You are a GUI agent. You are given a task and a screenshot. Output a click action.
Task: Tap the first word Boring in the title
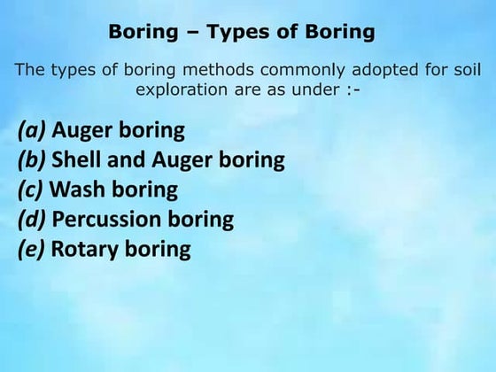[x=143, y=33]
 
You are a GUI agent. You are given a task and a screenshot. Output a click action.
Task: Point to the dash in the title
[x=189, y=33]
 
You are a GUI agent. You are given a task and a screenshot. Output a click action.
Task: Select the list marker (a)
[x=33, y=131]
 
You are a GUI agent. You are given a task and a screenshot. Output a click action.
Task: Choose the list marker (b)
[x=33, y=160]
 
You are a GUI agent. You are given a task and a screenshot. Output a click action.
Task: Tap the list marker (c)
[x=32, y=190]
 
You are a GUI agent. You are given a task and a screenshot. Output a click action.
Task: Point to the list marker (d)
[x=33, y=219]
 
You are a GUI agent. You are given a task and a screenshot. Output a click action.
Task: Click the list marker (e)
[x=33, y=248]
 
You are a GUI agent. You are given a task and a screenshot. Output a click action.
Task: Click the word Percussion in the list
[x=105, y=219]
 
